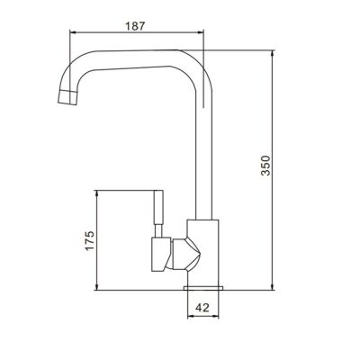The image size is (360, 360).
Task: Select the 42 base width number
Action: pos(202,307)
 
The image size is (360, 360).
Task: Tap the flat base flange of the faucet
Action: pos(202,286)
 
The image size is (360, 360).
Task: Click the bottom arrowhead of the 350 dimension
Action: pos(274,288)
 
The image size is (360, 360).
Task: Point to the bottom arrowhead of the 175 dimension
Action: pos(96,288)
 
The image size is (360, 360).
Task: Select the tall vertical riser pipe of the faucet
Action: pos(202,153)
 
